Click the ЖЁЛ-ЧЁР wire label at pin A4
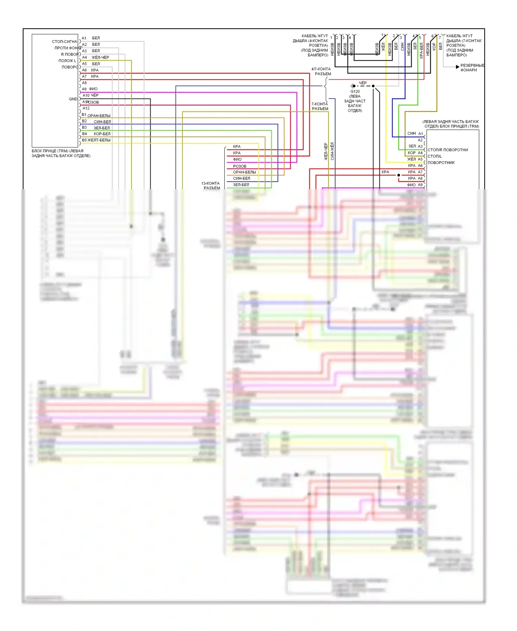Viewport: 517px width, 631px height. (100, 57)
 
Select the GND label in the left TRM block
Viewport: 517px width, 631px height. (73, 99)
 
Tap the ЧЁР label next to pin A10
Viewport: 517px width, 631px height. (94, 95)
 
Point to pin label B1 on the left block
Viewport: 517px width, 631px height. (84, 115)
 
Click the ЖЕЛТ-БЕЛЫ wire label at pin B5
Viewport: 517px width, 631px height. (99, 140)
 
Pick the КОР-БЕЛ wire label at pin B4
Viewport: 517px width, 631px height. (102, 134)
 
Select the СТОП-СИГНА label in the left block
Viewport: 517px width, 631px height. (64, 42)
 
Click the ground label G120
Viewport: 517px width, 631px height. (355, 91)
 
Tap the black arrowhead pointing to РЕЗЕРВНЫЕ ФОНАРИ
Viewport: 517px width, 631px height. (457, 67)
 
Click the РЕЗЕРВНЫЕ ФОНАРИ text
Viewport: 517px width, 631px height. (472, 68)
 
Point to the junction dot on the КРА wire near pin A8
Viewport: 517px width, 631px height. (399, 175)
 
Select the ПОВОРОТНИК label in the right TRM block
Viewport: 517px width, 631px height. (441, 163)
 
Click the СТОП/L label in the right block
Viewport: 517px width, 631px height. (434, 156)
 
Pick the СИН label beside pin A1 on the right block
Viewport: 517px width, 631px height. (412, 133)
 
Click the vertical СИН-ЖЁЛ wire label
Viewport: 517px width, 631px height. (332, 151)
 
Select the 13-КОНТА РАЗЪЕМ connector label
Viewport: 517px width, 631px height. (211, 186)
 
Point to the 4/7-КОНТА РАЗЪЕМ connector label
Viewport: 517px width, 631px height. (321, 71)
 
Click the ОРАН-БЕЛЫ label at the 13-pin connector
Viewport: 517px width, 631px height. (244, 172)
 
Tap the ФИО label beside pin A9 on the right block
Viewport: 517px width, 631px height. (411, 185)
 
